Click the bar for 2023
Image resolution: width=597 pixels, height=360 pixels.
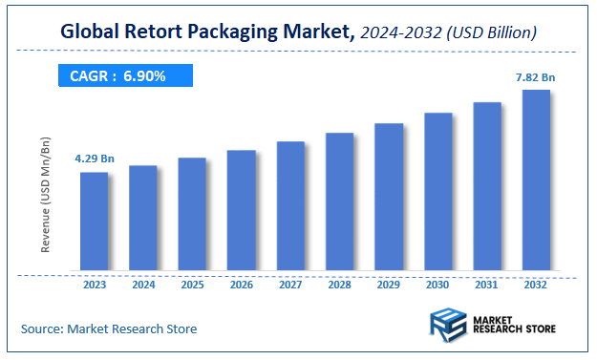click(x=94, y=222)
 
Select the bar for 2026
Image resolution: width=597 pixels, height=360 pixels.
click(x=241, y=211)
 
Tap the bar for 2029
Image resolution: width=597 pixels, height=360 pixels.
click(x=389, y=198)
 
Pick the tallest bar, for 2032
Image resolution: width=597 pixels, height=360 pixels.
click(x=536, y=181)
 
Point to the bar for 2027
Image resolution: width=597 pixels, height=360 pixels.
click(x=290, y=206)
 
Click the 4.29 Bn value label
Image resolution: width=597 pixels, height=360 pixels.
click(x=94, y=159)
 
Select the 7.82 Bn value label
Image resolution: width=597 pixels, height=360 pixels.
click(x=537, y=75)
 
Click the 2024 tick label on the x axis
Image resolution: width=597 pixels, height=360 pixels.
click(x=143, y=285)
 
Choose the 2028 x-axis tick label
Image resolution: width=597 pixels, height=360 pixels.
click(x=339, y=285)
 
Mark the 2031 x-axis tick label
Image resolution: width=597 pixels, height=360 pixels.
click(x=487, y=285)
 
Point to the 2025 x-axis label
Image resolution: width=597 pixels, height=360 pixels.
click(x=192, y=285)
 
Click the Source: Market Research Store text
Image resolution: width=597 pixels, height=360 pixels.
click(x=109, y=328)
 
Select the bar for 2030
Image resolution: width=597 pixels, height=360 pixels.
click(x=437, y=193)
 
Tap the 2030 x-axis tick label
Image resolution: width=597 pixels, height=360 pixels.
click(x=437, y=285)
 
